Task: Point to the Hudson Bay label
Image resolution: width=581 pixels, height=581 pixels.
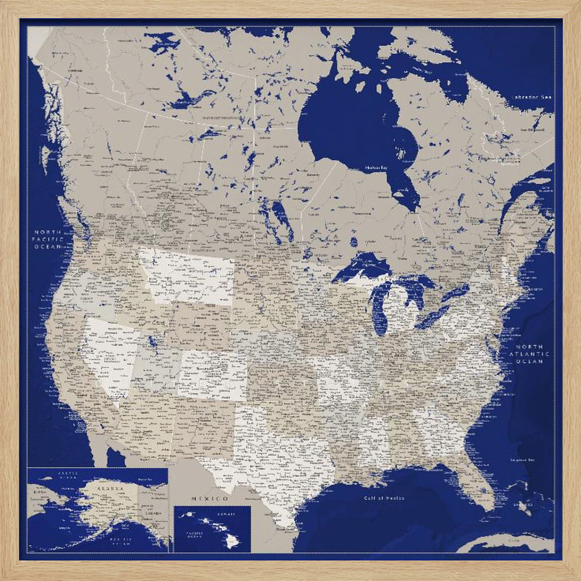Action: click(376, 168)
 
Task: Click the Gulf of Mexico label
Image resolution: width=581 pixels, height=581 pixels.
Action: click(383, 498)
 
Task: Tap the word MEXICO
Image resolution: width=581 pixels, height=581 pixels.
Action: click(209, 499)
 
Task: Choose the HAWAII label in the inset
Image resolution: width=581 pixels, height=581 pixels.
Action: click(227, 514)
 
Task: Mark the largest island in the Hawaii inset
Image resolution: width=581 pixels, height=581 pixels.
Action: click(233, 541)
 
